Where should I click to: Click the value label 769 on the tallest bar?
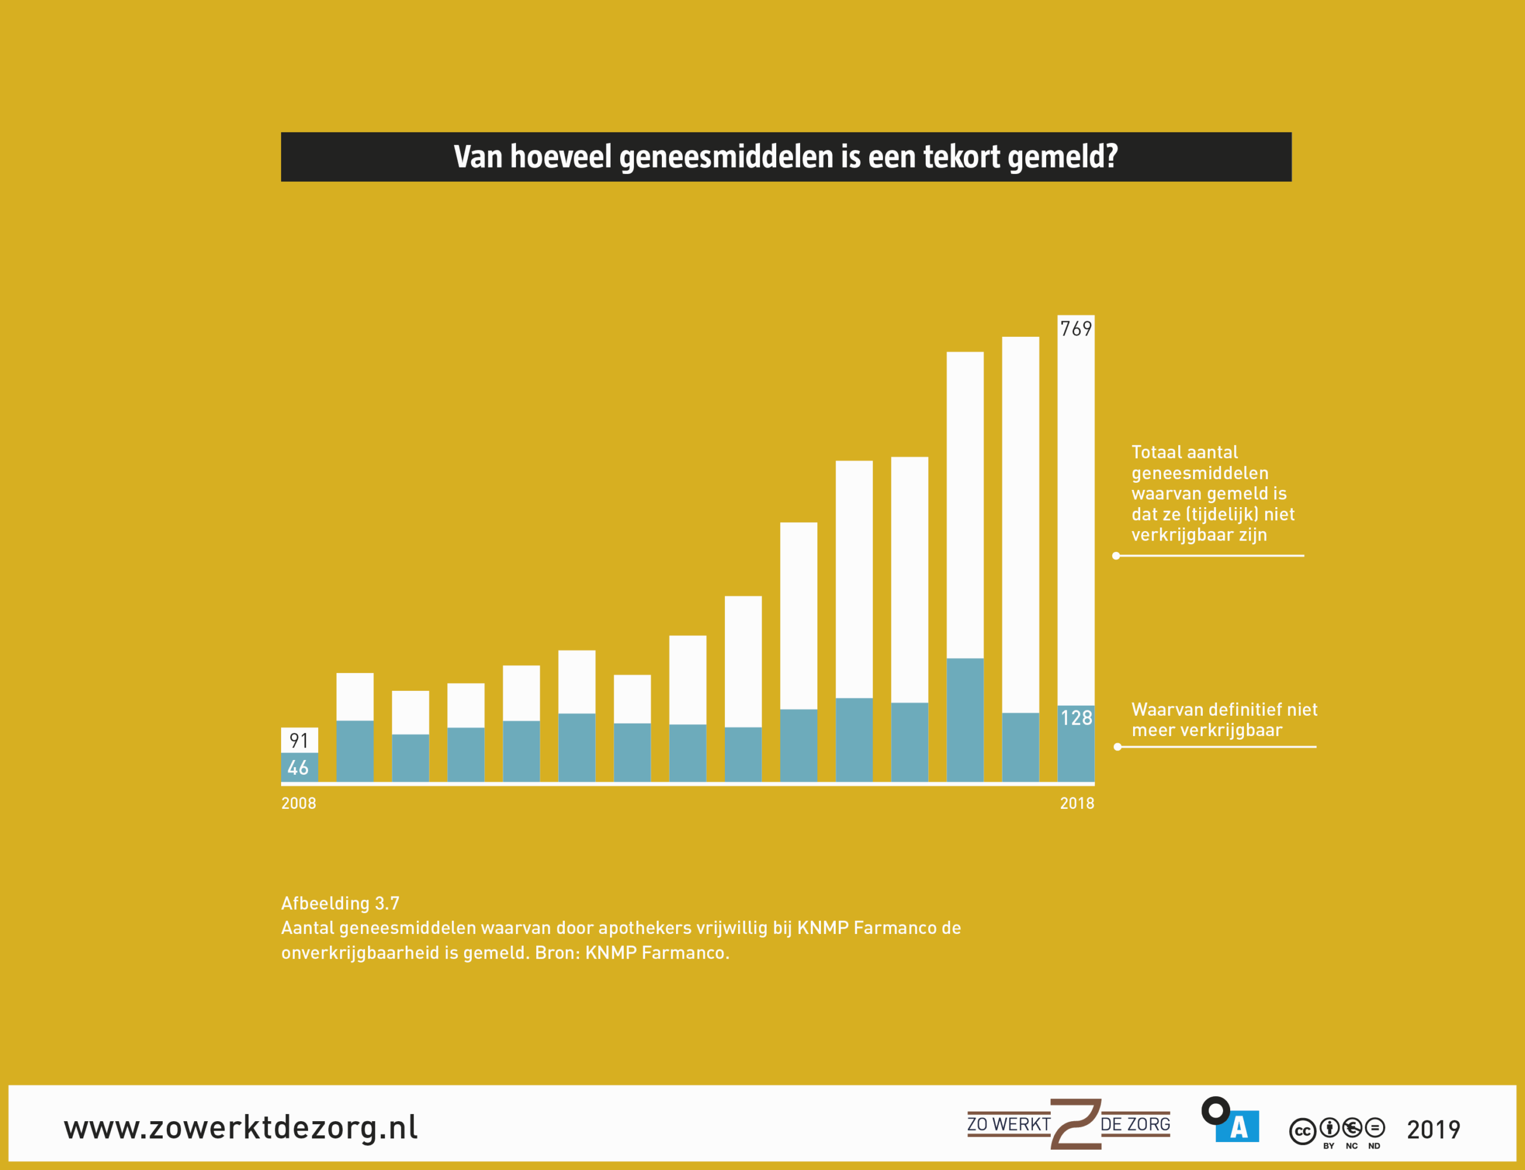coord(1075,329)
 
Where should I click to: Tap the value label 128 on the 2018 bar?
coord(1076,718)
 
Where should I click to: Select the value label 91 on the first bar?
coord(298,740)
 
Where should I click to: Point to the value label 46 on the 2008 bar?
coord(298,768)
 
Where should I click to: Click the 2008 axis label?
coord(298,803)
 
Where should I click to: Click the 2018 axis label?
coord(1077,803)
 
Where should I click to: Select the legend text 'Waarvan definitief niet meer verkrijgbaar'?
coord(1224,719)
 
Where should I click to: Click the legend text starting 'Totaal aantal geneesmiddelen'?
coord(1212,493)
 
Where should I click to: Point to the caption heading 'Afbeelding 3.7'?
coord(340,903)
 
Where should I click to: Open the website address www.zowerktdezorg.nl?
coord(241,1128)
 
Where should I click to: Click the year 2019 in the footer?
coord(1433,1129)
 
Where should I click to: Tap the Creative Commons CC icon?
coord(1302,1132)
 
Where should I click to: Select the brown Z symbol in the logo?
coord(1075,1124)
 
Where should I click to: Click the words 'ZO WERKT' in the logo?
coord(1009,1125)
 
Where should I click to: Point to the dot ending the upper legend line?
coord(1116,555)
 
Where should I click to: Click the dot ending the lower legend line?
coord(1118,747)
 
